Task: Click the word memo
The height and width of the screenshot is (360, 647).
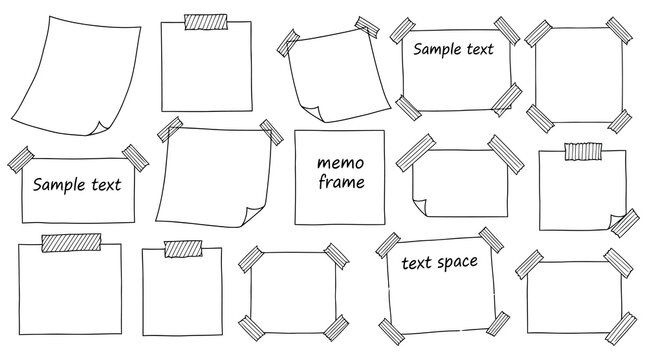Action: click(340, 161)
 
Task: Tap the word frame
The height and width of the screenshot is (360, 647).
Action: click(340, 182)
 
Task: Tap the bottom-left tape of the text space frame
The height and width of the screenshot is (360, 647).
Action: click(391, 326)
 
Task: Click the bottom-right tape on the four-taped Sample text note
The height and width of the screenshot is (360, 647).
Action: click(508, 98)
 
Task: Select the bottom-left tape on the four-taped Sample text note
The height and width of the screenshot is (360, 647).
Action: click(406, 103)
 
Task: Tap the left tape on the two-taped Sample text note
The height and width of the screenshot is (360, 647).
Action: click(21, 159)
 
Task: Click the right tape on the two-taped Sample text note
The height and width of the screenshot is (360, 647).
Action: click(132, 156)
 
